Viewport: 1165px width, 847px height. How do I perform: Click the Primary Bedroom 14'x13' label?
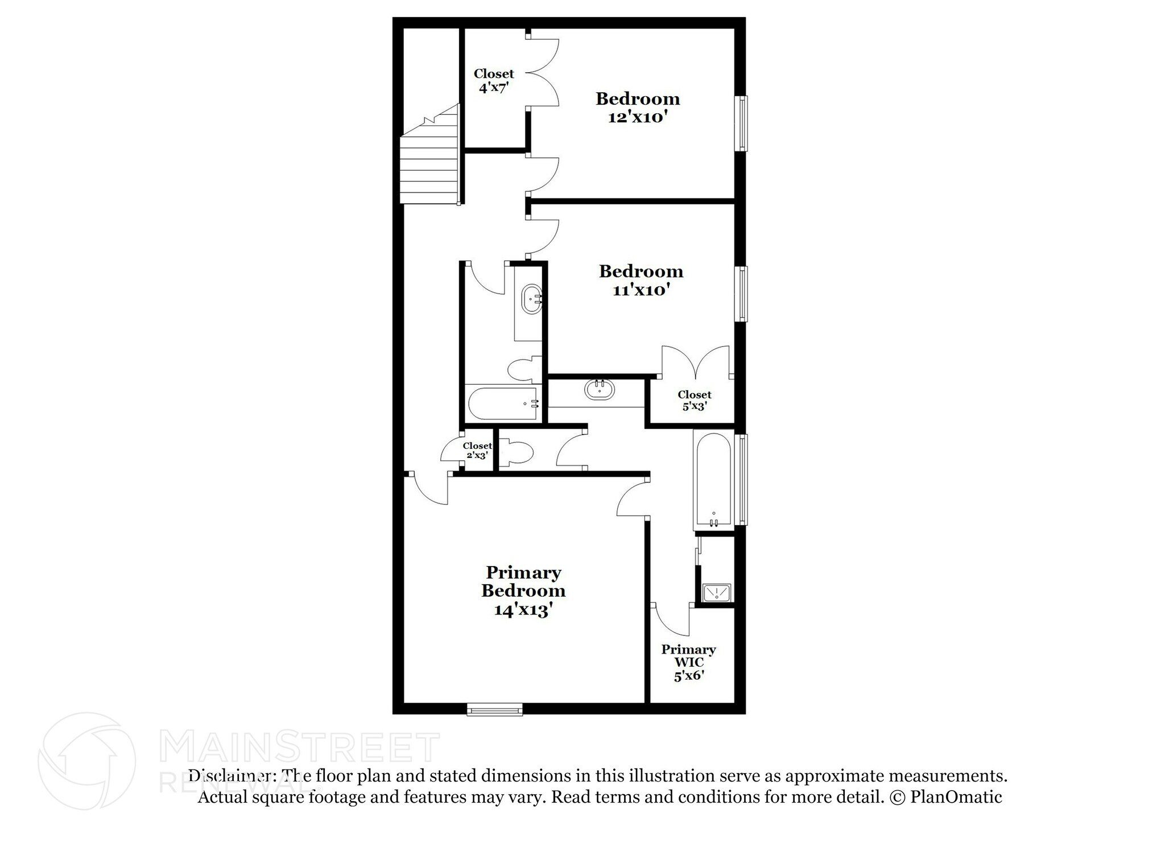523,591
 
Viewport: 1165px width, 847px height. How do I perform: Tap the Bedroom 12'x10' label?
638,108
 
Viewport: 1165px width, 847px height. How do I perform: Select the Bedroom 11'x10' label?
641,280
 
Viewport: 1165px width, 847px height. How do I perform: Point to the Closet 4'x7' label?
493,81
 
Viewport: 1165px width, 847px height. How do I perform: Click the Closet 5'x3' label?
694,400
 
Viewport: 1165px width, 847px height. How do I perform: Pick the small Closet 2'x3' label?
477,451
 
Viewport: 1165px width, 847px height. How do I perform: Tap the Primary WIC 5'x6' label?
688,663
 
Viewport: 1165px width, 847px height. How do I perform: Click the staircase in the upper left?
430,165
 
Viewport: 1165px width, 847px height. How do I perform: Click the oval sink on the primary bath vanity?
600,390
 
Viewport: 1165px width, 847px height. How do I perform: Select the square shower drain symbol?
717,593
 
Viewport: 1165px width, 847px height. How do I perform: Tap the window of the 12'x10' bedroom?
742,124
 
